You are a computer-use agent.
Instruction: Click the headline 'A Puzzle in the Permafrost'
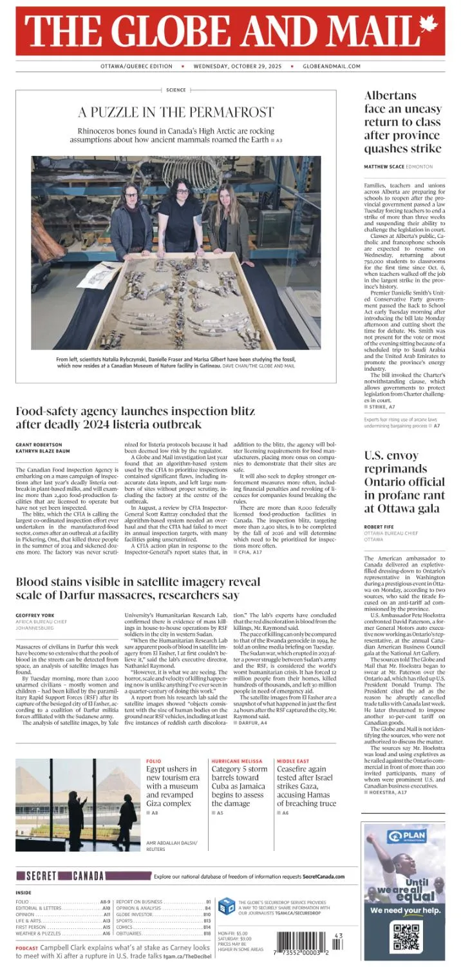pyautogui.click(x=176, y=112)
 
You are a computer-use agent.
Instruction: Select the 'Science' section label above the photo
pyautogui.click(x=176, y=90)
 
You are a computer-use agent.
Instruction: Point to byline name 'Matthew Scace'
pyautogui.click(x=384, y=167)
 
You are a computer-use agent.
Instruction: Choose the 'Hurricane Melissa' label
pyautogui.click(x=237, y=761)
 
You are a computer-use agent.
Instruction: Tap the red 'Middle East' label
pyautogui.click(x=293, y=761)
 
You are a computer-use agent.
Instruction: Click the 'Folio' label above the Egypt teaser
pyautogui.click(x=153, y=761)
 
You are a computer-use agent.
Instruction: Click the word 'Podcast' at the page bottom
pyautogui.click(x=27, y=949)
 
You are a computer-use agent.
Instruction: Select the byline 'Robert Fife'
pyautogui.click(x=379, y=527)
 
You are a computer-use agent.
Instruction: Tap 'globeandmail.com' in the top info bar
pyautogui.click(x=332, y=66)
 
